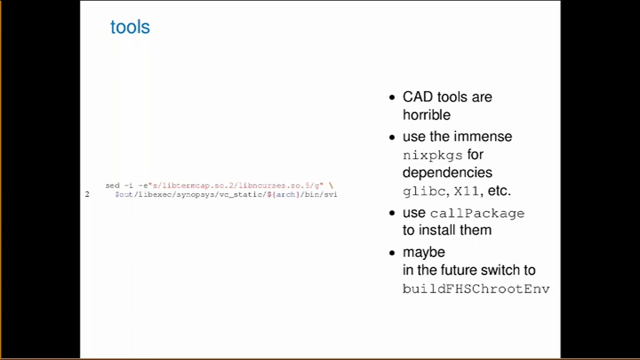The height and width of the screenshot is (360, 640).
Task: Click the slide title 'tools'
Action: click(x=130, y=27)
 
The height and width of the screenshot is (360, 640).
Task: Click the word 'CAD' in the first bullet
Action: click(x=417, y=97)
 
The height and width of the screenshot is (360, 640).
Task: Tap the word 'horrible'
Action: click(x=426, y=115)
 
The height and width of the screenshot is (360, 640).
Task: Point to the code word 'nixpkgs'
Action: click(x=432, y=155)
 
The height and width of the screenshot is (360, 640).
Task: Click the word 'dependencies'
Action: click(x=447, y=172)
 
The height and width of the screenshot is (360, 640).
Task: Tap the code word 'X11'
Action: click(x=466, y=191)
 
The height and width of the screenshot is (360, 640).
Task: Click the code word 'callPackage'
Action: click(x=477, y=214)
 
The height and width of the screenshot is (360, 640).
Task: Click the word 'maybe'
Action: click(x=424, y=252)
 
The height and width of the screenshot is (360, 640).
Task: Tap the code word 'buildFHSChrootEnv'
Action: click(x=476, y=289)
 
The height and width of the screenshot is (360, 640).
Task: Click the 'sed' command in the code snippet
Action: click(x=112, y=186)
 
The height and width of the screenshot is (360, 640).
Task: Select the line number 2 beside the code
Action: click(x=87, y=194)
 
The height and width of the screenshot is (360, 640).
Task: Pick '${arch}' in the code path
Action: click(x=283, y=195)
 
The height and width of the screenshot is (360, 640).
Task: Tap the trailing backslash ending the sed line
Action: click(x=331, y=186)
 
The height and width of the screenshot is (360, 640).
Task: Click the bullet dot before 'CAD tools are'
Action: click(x=392, y=97)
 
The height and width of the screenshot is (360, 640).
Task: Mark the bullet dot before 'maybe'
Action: click(x=392, y=253)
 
